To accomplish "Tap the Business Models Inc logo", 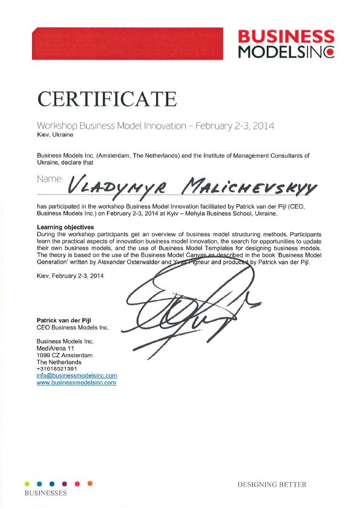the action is pos(285,44).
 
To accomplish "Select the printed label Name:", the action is pos(50,180).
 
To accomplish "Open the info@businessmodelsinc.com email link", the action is pos(77,375).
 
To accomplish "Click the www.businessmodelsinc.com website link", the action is pos(76,383).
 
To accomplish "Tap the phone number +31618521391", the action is pos(57,368).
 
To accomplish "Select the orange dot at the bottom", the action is pos(90,483).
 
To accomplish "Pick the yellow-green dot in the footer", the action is pos(27,484).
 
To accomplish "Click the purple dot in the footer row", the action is pos(65,484).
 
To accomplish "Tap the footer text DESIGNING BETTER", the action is pos(272,485).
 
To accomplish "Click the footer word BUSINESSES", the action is pos(45,493).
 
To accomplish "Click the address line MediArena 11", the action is pos(56,348).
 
